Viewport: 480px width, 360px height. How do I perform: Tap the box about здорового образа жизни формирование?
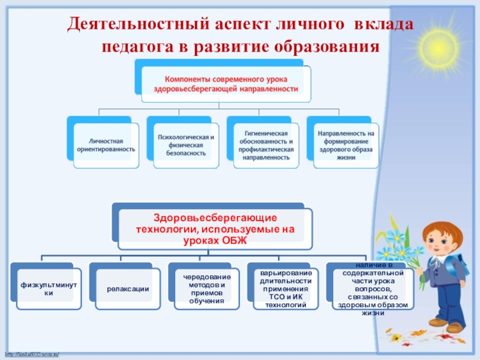pyautogui.click(x=346, y=145)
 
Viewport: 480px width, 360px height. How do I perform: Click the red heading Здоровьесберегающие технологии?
pyautogui.click(x=215, y=228)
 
